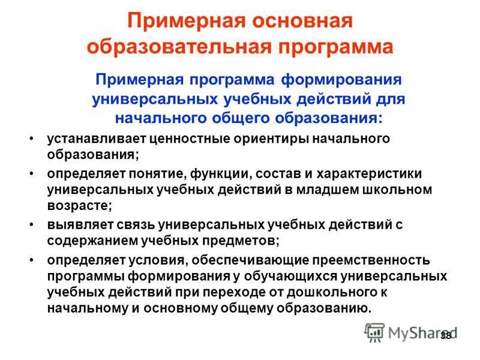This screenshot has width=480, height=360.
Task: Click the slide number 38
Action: pyautogui.click(x=445, y=335)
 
